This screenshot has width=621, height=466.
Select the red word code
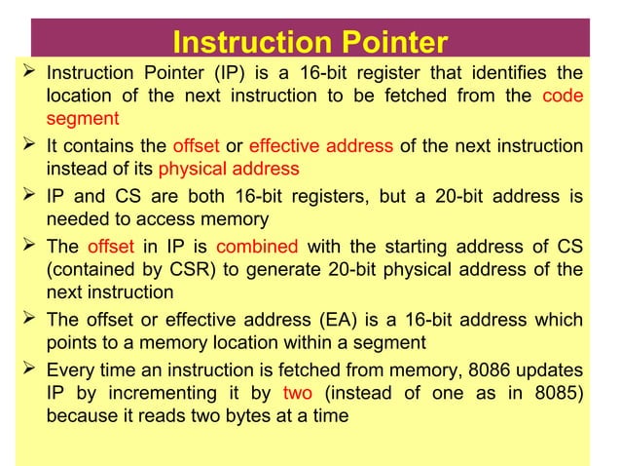(563, 97)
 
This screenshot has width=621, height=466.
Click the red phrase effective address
(321, 147)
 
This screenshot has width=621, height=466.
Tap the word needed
(77, 219)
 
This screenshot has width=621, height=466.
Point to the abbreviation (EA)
(339, 320)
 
